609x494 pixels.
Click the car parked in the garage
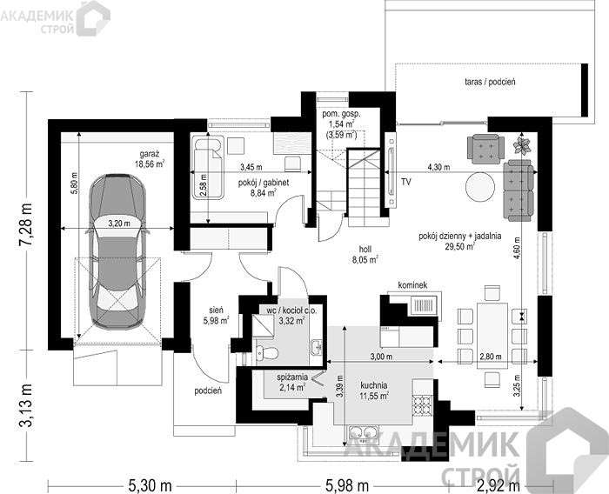[x=117, y=251]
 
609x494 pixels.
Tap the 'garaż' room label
[x=149, y=153]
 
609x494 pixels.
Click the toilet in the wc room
[x=268, y=353]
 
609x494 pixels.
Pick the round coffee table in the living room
[x=480, y=186]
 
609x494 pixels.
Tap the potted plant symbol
[x=522, y=145]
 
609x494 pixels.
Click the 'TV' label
[x=406, y=182]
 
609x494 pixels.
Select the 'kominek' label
[x=412, y=285]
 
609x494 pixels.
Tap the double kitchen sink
[x=364, y=432]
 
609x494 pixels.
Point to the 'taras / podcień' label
[x=490, y=82]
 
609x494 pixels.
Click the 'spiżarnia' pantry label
[x=292, y=377]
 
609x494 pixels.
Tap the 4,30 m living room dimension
[x=438, y=167]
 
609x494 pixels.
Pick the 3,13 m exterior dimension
[x=25, y=404]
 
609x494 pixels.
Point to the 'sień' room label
[x=216, y=310]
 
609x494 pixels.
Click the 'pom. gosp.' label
[x=341, y=115]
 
